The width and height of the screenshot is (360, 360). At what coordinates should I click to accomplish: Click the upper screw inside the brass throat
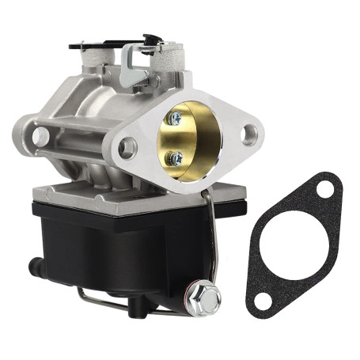(x=176, y=118)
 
